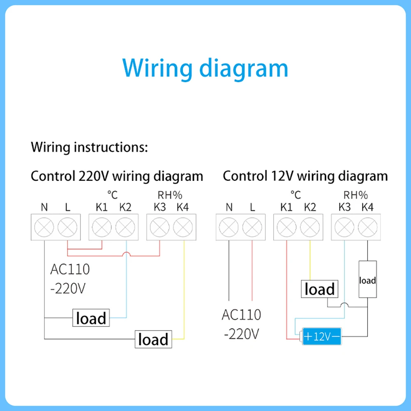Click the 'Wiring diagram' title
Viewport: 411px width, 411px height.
(x=205, y=68)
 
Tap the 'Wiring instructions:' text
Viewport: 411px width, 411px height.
(x=89, y=147)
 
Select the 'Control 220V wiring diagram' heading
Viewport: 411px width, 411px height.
(x=117, y=176)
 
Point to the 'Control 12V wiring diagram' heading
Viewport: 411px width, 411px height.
(x=305, y=176)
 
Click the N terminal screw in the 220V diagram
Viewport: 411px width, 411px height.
(x=44, y=226)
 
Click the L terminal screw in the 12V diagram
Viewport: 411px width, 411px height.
(x=251, y=226)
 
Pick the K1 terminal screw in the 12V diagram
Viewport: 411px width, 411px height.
(x=286, y=226)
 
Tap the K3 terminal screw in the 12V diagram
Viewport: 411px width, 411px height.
(x=344, y=226)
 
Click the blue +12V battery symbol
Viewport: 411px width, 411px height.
(x=322, y=337)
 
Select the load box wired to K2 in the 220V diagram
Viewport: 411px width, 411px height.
(x=91, y=318)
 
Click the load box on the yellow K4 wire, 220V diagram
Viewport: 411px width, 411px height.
(x=153, y=339)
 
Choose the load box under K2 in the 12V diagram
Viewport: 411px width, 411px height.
(x=319, y=289)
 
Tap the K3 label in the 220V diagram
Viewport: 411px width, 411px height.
(x=159, y=207)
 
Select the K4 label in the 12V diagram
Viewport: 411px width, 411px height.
(x=367, y=207)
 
